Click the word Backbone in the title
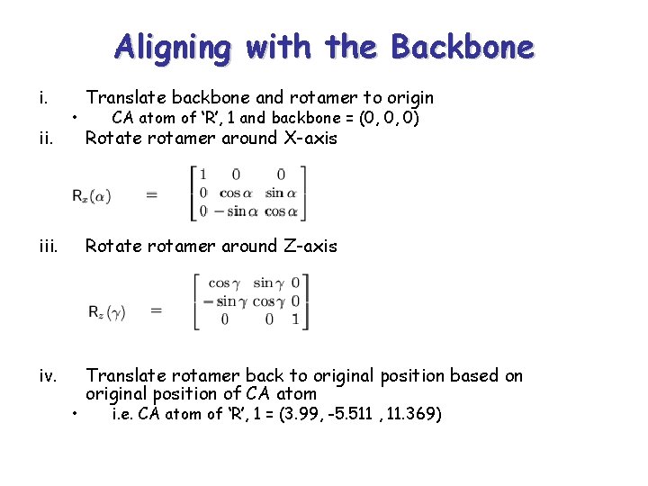pyautogui.click(x=462, y=46)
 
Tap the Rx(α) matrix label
pyautogui.click(x=92, y=194)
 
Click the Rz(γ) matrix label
pyautogui.click(x=105, y=311)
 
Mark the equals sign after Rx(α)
pyautogui.click(x=151, y=194)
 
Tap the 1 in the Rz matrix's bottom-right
pyautogui.click(x=295, y=319)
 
